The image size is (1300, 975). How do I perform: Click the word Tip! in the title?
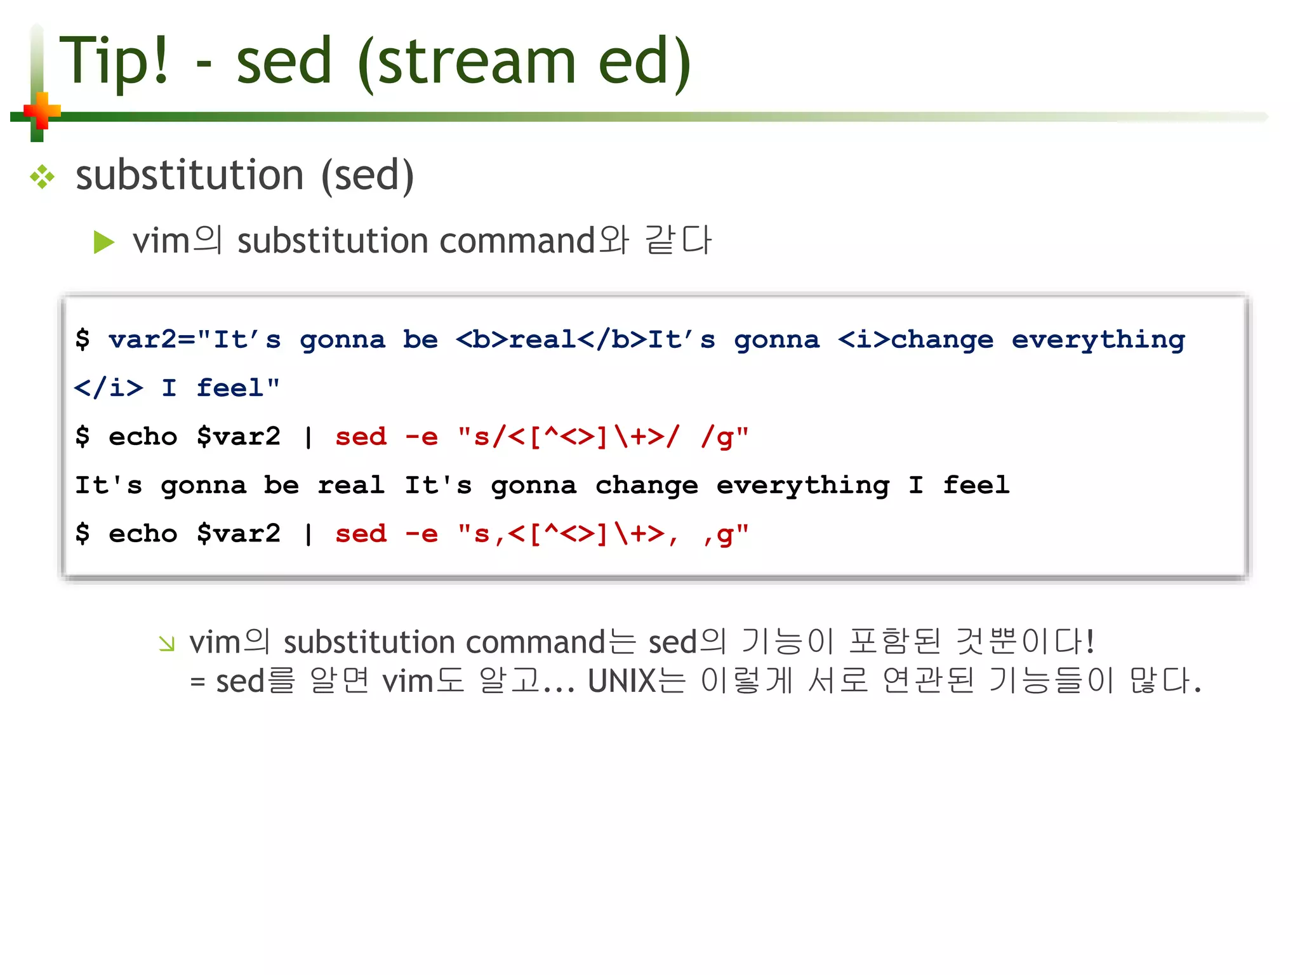(x=115, y=61)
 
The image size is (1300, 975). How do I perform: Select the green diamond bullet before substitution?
(x=43, y=176)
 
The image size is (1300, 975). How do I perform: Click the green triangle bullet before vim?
(x=103, y=242)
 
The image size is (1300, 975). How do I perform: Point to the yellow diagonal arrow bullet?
(x=167, y=644)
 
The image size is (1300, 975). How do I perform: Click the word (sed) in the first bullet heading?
(x=368, y=176)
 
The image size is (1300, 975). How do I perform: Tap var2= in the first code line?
(x=152, y=340)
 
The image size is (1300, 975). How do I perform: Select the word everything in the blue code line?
(x=1098, y=340)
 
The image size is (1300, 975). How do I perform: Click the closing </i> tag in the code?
(x=109, y=388)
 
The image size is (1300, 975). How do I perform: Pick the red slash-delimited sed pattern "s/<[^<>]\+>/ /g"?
(x=603, y=437)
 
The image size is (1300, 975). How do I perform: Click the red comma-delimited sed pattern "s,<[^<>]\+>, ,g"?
(x=603, y=534)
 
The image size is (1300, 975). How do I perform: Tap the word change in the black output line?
(x=647, y=486)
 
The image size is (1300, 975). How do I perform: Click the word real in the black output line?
(x=351, y=486)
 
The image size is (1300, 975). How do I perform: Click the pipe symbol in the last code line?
(x=308, y=534)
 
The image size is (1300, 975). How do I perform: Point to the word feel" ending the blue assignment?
(x=238, y=388)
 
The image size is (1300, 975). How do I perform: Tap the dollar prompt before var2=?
(x=83, y=340)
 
